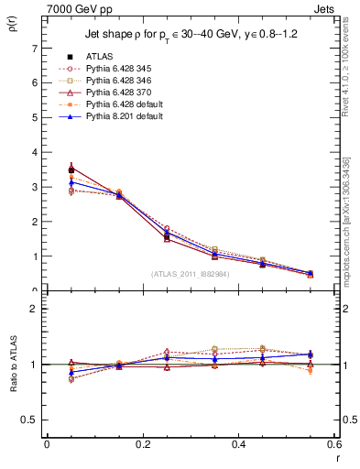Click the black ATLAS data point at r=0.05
click(71, 169)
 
